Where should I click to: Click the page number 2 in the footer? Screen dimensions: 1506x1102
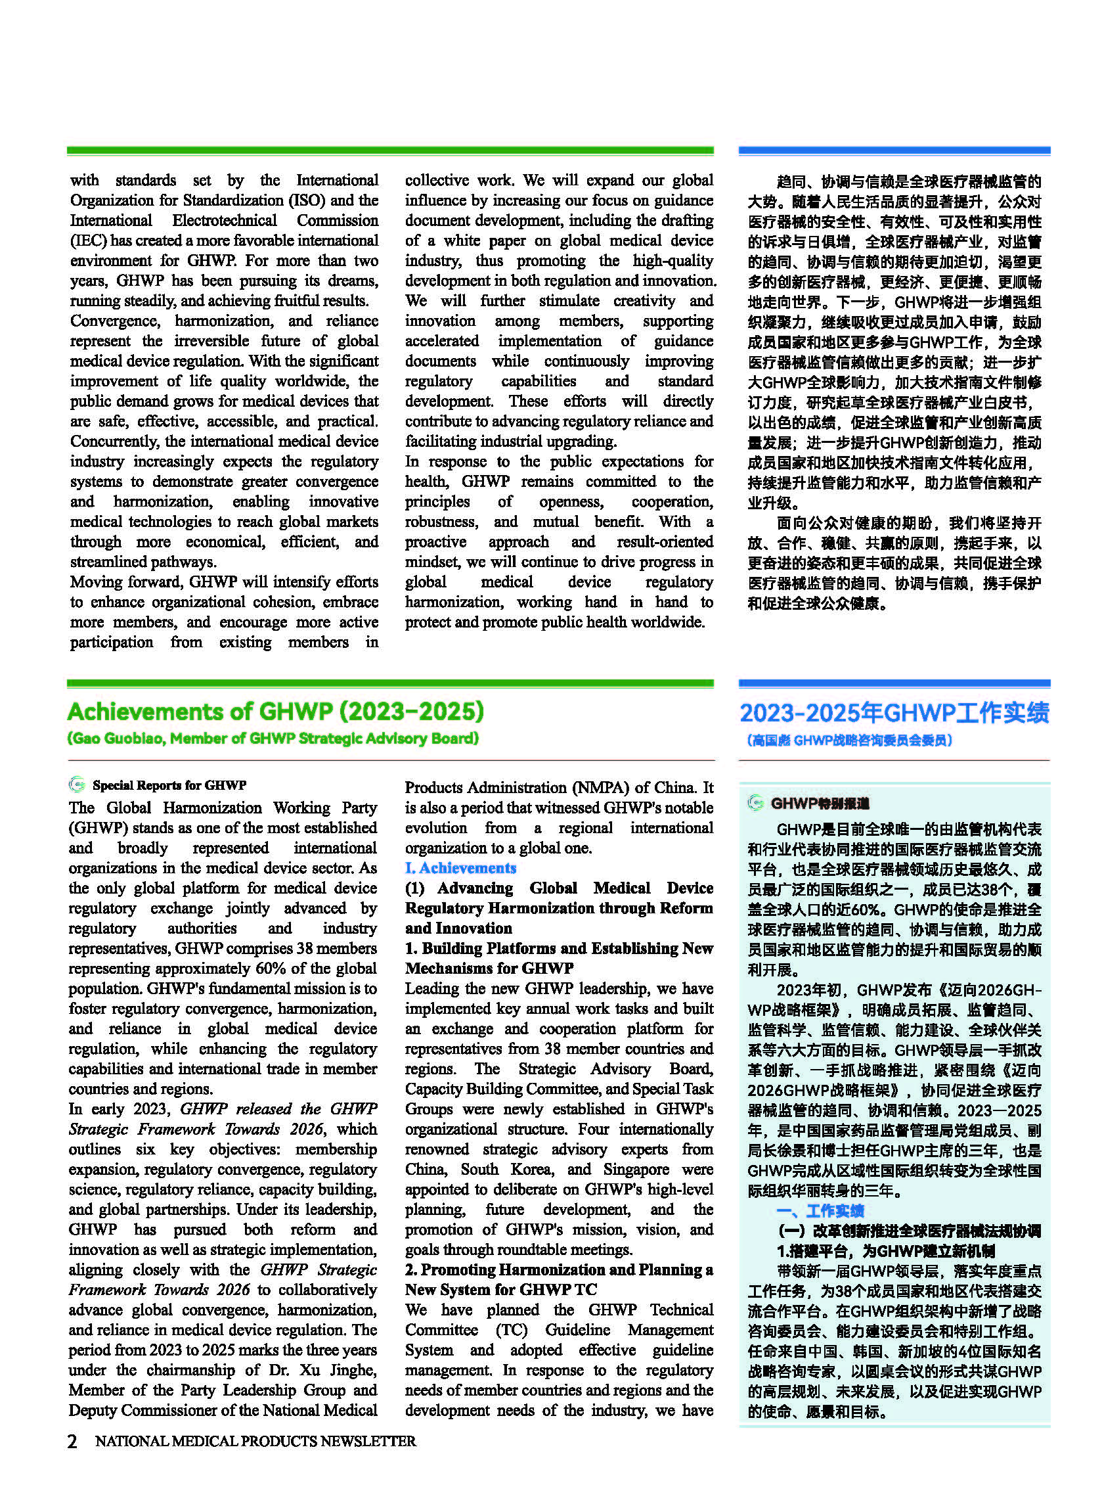pos(72,1441)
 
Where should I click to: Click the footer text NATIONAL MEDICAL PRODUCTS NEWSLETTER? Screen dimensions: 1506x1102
pos(255,1441)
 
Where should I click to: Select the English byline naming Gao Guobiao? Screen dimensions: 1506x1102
pos(273,739)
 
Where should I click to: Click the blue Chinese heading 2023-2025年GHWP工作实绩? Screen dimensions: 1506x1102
pos(894,713)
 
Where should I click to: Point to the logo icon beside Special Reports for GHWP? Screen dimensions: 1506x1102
pos(78,785)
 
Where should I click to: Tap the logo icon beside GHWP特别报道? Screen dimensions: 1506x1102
pos(755,803)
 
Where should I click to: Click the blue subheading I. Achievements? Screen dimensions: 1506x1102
pos(460,868)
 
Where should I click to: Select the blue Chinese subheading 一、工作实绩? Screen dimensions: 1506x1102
pos(820,1211)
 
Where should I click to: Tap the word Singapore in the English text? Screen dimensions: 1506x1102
pos(636,1169)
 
